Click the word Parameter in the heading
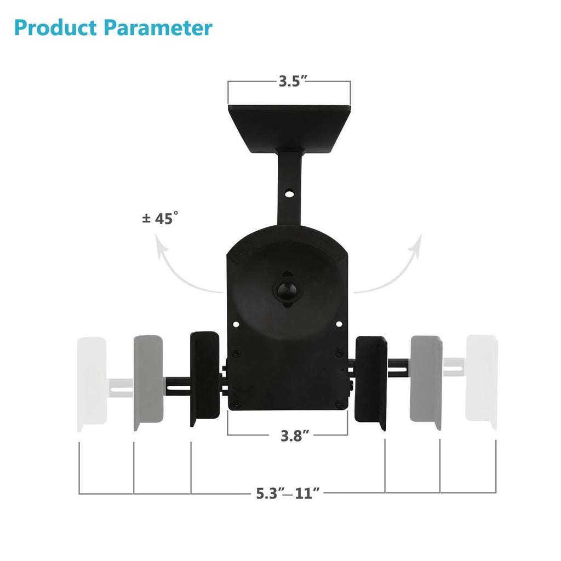(x=158, y=27)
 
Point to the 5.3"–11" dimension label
(x=288, y=493)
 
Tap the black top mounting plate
(x=289, y=126)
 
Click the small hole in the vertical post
(x=289, y=193)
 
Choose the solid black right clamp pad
(x=371, y=382)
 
